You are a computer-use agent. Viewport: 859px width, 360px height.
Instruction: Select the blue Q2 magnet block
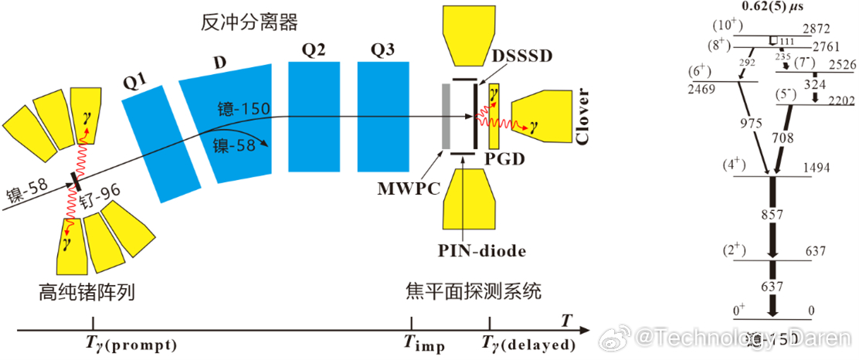(x=313, y=116)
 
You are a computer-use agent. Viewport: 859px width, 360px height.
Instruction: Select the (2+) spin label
(x=736, y=251)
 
